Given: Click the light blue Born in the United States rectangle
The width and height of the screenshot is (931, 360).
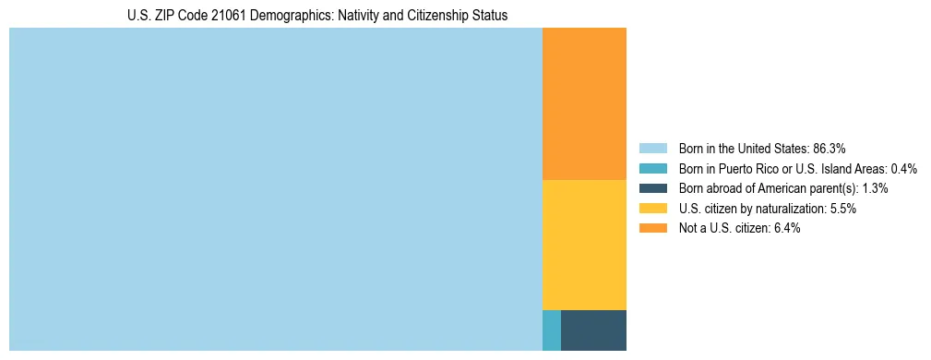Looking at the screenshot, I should (275, 189).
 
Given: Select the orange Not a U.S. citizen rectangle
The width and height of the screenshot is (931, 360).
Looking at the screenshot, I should (584, 103).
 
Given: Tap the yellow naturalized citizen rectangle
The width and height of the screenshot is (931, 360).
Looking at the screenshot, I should (584, 245).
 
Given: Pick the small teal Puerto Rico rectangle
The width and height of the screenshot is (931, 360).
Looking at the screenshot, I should (551, 330).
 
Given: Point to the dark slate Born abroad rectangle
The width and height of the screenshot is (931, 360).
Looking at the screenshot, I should (593, 330).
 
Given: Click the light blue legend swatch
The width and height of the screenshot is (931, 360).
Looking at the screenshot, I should (652, 148).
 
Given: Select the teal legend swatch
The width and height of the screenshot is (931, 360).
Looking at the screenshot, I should (652, 168).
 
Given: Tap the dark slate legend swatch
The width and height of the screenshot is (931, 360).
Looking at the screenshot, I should (652, 188).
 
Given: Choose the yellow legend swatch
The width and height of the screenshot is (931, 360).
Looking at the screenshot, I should (652, 209).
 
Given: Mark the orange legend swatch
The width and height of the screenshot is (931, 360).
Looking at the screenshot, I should (652, 229).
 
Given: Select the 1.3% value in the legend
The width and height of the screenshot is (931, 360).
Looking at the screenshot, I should (875, 188).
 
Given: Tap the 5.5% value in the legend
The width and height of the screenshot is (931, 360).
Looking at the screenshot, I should (842, 209).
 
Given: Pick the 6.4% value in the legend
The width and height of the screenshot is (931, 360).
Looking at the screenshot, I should (786, 229).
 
